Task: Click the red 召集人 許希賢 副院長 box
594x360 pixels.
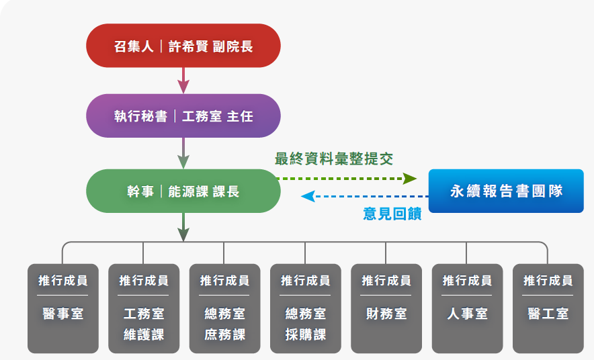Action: (x=183, y=46)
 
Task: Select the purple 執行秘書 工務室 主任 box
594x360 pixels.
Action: (x=183, y=116)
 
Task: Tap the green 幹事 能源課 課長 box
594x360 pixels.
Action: (x=183, y=191)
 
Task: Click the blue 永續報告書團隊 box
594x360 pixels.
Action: (x=506, y=191)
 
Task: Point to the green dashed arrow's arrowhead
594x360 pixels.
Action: (x=409, y=178)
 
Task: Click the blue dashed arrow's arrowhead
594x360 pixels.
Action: (x=308, y=196)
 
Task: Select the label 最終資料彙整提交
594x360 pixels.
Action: (x=334, y=159)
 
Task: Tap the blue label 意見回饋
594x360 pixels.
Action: (x=392, y=214)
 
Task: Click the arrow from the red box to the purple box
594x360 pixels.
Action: (x=183, y=81)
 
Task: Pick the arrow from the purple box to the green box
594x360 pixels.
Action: (x=183, y=153)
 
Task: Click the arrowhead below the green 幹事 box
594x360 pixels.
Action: (x=183, y=234)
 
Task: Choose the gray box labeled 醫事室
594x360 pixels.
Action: (x=63, y=308)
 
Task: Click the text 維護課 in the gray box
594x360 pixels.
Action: (x=144, y=334)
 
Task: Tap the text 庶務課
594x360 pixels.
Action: (x=224, y=334)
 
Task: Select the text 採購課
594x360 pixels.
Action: (x=306, y=334)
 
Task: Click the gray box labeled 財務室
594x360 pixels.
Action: (x=386, y=308)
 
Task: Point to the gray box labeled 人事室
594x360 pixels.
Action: (x=467, y=308)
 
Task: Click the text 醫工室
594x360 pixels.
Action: (x=548, y=314)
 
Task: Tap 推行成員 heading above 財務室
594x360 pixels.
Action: (x=386, y=281)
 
